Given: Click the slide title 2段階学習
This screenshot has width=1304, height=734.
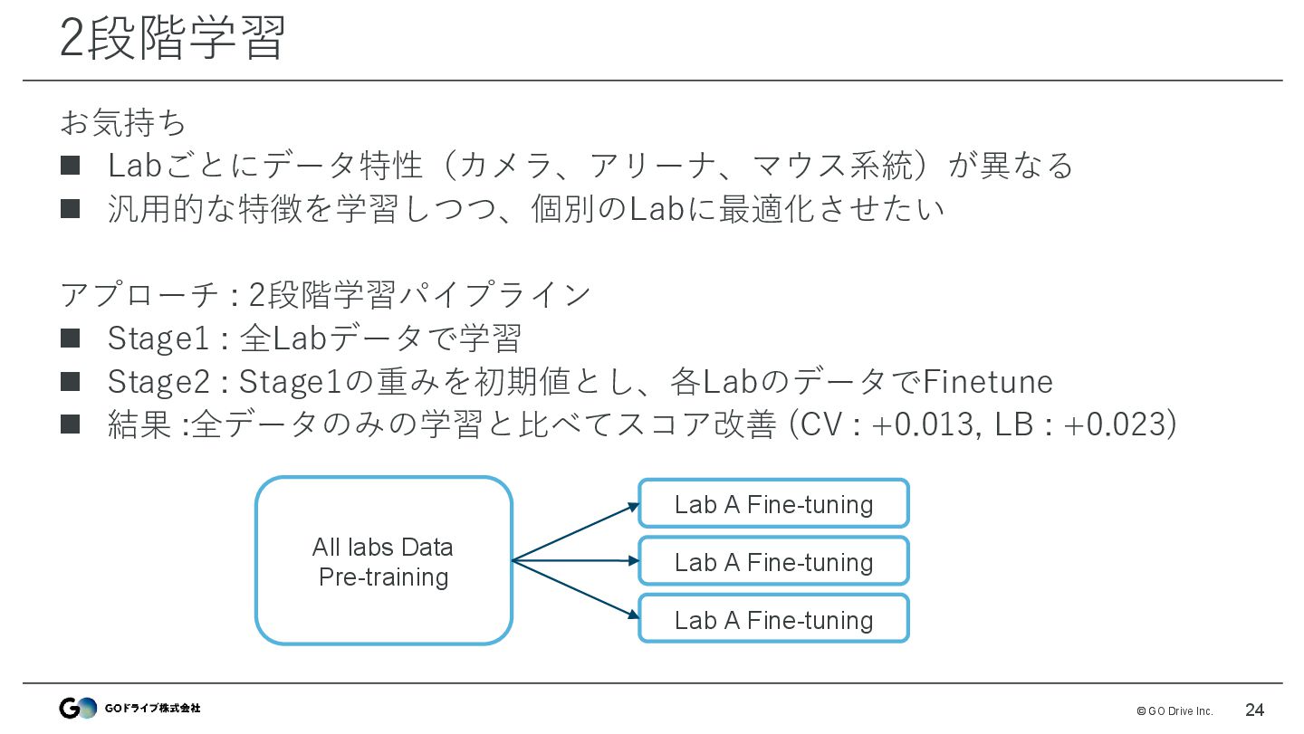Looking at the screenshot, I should tap(172, 38).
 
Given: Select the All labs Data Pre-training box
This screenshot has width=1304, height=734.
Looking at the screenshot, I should tap(383, 561).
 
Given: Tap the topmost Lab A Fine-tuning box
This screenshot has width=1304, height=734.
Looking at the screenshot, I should tap(773, 504).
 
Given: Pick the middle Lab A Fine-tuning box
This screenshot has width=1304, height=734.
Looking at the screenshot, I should tap(773, 562).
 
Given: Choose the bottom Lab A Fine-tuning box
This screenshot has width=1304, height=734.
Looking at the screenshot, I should tap(773, 620).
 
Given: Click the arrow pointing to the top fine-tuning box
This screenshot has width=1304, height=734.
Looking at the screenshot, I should tap(576, 532).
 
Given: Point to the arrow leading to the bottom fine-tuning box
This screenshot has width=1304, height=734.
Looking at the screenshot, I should tap(576, 590).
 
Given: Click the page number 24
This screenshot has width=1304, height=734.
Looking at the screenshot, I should tap(1254, 710).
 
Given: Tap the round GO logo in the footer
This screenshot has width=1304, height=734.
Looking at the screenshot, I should tap(78, 709).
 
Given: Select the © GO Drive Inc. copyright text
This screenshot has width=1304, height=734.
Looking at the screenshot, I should tap(1174, 710).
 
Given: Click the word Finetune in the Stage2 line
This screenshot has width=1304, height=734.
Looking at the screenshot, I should tap(987, 382).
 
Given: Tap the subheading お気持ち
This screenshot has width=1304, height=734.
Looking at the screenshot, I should tap(123, 121).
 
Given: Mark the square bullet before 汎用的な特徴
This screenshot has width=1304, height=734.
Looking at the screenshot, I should tap(71, 208).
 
